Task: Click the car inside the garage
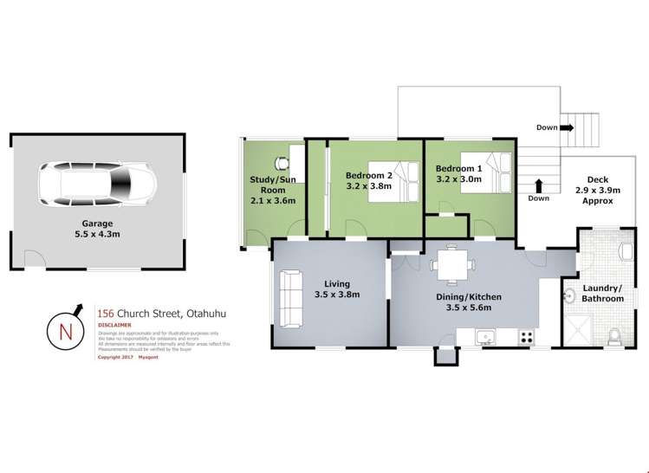click(x=96, y=183)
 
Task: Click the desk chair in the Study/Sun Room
click(x=281, y=162)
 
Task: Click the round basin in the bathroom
click(x=568, y=296)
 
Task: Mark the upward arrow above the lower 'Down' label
click(x=539, y=185)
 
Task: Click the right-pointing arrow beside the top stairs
click(x=568, y=127)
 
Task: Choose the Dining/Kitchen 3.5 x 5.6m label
click(x=469, y=302)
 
